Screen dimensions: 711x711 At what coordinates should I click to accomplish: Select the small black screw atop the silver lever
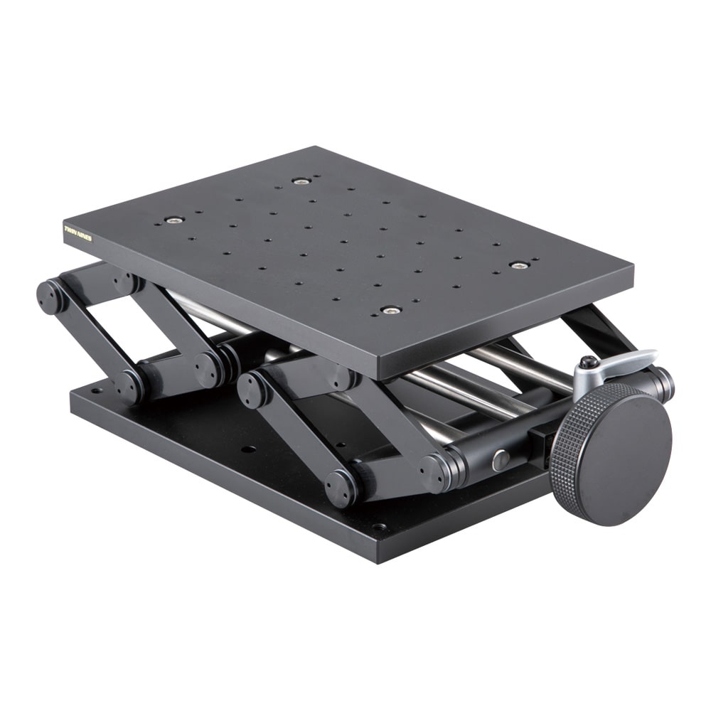[x=588, y=363]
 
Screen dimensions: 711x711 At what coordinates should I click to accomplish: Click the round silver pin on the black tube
[x=501, y=459]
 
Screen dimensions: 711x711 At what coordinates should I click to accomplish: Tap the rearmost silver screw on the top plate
[x=301, y=181]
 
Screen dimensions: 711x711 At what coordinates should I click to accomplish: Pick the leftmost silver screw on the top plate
[x=174, y=220]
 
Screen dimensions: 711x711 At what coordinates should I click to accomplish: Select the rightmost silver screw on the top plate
[x=519, y=265]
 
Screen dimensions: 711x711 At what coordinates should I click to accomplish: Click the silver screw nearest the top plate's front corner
[x=390, y=310]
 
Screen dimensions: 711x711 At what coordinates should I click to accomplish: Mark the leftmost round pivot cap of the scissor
[x=50, y=296]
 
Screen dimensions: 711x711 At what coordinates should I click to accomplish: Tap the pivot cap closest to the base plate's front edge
[x=342, y=487]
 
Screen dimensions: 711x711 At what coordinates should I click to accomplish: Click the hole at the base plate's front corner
[x=379, y=528]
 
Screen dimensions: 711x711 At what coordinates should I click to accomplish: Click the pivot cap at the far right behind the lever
[x=665, y=384]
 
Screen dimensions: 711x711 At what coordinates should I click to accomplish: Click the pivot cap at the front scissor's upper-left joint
[x=252, y=389]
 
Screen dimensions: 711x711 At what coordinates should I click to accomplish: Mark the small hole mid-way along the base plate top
[x=248, y=449]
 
